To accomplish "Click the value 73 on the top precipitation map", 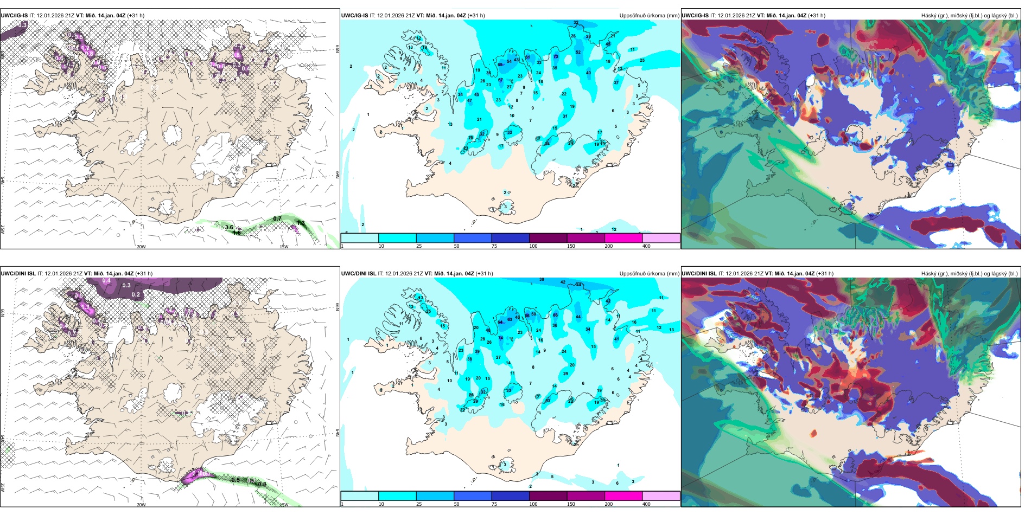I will (x=556, y=56).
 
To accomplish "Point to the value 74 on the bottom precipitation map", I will (x=501, y=338).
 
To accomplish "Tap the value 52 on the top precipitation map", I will (x=578, y=53).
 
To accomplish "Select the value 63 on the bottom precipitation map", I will (x=510, y=320).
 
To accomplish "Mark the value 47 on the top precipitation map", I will (x=469, y=101).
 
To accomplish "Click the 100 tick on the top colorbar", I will (x=533, y=246).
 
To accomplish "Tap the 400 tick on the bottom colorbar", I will (x=646, y=504).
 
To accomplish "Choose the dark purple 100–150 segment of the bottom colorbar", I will (x=548, y=496).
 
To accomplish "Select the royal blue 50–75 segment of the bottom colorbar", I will (x=472, y=496).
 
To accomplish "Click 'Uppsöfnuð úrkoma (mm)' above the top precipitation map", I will (x=649, y=16).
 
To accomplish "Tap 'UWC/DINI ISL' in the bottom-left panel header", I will (x=18, y=274).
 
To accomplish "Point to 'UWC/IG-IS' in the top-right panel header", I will (x=695, y=16).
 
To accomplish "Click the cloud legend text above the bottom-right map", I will (x=969, y=274).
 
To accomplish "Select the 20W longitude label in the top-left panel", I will (x=141, y=247).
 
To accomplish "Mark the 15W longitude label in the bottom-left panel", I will (x=284, y=505).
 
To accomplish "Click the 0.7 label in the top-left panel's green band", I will (x=277, y=219).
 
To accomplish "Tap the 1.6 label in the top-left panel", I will (x=237, y=233).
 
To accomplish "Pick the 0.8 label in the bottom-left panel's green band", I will (x=262, y=484).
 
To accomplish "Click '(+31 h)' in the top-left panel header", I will (x=136, y=16).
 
